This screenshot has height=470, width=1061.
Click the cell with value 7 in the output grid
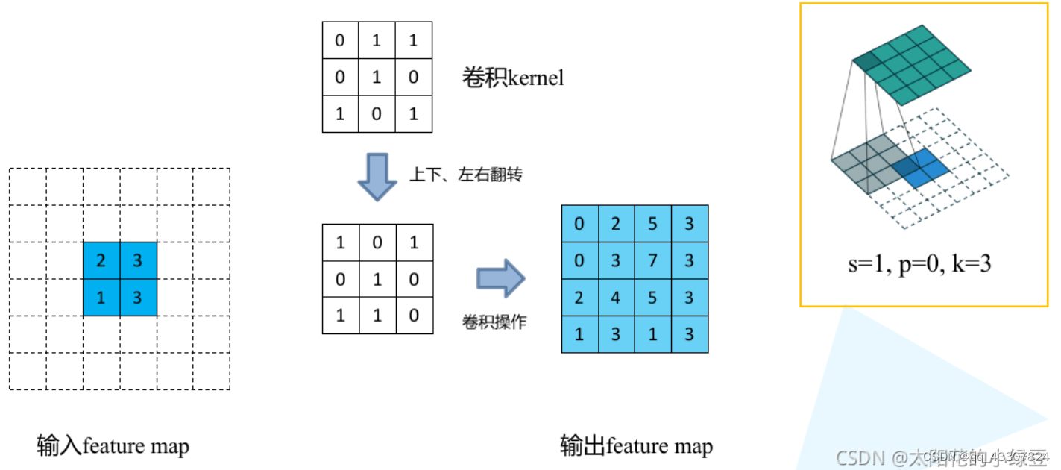click(x=652, y=260)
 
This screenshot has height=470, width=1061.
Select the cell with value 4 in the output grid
click(x=616, y=298)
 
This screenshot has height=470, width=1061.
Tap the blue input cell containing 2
click(x=101, y=260)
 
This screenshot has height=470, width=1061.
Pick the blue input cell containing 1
click(x=101, y=298)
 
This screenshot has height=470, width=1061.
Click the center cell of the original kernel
click(x=377, y=77)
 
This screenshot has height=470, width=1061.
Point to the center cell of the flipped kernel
click(x=377, y=279)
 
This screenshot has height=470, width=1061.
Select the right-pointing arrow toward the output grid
click(x=501, y=279)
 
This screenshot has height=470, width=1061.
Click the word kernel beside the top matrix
click(x=535, y=78)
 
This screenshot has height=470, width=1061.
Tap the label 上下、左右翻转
click(x=465, y=175)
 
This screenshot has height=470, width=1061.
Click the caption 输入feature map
click(x=113, y=446)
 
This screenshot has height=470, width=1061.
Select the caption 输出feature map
click(x=636, y=446)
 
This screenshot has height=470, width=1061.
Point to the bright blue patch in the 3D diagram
click(x=925, y=166)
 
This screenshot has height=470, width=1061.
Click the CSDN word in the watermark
click(x=859, y=456)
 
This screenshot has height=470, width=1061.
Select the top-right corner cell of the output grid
click(x=689, y=224)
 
